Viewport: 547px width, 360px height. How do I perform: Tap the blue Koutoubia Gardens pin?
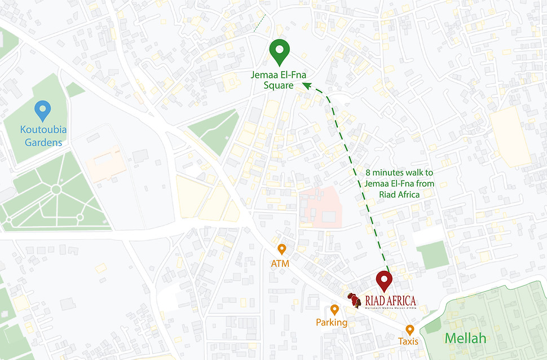coord(43,109)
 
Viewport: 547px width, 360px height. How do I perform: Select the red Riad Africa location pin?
coord(384,280)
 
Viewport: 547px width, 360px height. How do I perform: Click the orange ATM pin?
coord(281,249)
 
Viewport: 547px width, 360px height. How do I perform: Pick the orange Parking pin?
coord(334,310)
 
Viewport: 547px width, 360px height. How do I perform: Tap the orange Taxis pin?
coord(409,330)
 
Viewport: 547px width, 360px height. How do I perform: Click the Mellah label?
coord(465,339)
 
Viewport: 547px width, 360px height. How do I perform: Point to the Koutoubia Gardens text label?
coord(43,136)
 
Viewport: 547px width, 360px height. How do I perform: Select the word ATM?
coord(280,263)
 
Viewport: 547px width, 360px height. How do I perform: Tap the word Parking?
coord(332,323)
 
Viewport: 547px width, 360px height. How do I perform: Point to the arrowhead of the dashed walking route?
coord(307,85)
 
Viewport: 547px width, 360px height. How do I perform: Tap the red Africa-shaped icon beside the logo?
coord(354,300)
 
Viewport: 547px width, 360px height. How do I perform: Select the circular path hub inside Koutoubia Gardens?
coord(56,190)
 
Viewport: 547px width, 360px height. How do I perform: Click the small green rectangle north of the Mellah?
coord(433,254)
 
